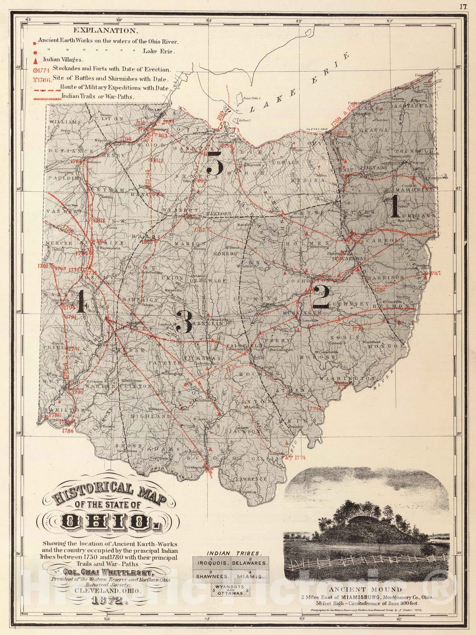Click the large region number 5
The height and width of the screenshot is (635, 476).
coord(214,163)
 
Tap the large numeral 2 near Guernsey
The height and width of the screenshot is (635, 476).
coord(321,297)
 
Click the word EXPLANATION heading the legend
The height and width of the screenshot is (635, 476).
coord(105,30)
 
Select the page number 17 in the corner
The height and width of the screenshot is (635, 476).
coord(463,6)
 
